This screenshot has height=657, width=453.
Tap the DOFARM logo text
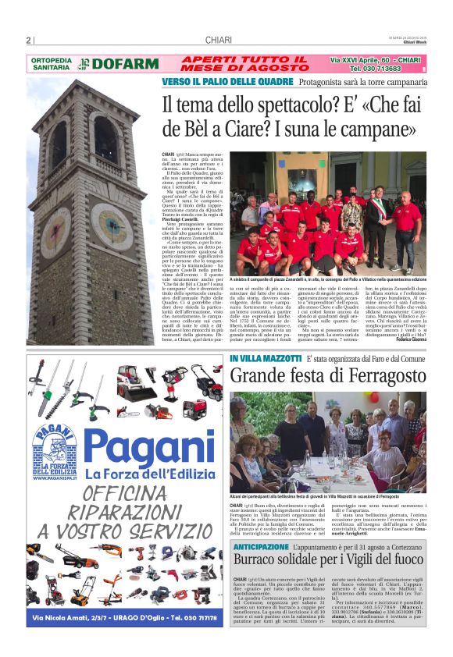click(115, 65)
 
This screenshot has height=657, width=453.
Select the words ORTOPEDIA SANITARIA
click(52, 64)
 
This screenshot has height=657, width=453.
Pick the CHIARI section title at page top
click(216, 41)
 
